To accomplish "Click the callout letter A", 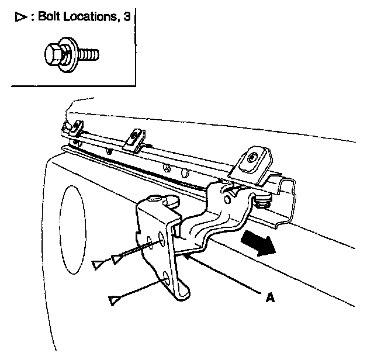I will [269, 297].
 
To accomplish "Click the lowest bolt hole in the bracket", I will [167, 276].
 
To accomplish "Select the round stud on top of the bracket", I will [171, 200].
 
